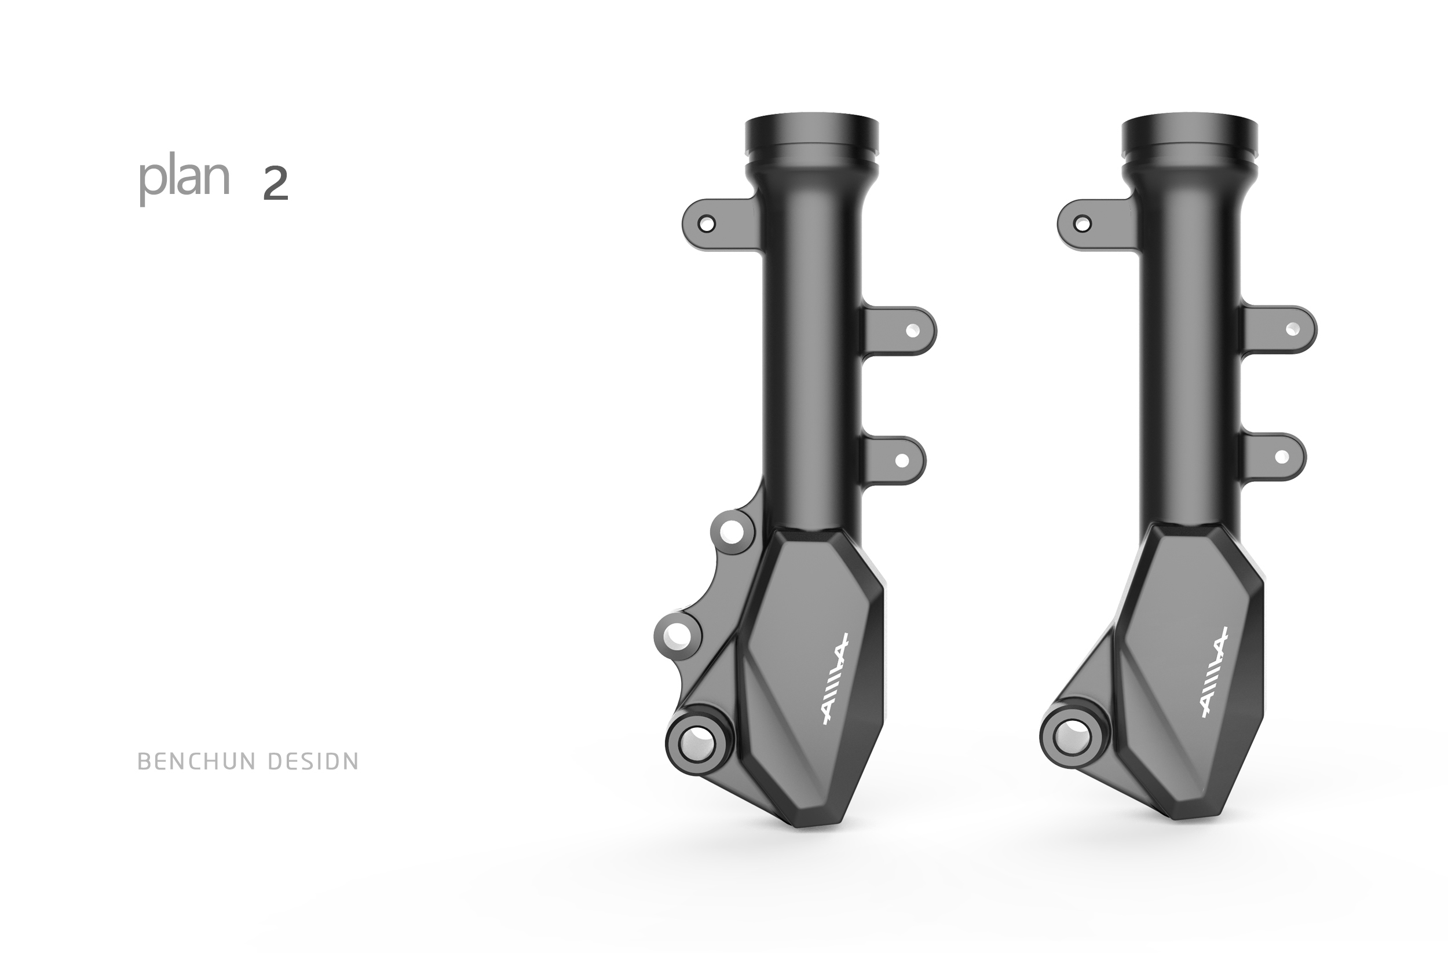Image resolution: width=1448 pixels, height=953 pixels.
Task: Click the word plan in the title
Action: [184, 179]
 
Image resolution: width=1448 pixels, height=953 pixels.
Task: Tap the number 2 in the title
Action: [275, 184]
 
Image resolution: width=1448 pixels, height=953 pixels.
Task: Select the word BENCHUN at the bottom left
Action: [197, 761]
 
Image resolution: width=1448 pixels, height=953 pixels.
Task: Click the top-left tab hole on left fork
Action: [707, 225]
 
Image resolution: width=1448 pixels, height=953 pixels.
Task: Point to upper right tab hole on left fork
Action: [913, 331]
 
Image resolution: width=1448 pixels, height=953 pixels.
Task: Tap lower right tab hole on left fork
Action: [902, 460]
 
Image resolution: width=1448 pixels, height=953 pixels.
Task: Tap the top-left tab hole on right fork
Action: [1082, 225]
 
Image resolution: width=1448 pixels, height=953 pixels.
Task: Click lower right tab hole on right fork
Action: [1281, 457]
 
